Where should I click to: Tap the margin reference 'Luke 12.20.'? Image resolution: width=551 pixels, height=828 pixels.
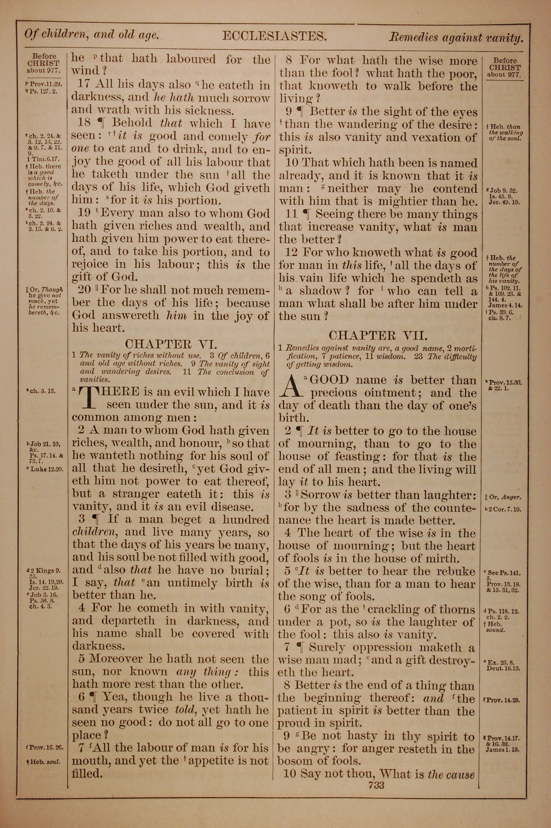point(46,469)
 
